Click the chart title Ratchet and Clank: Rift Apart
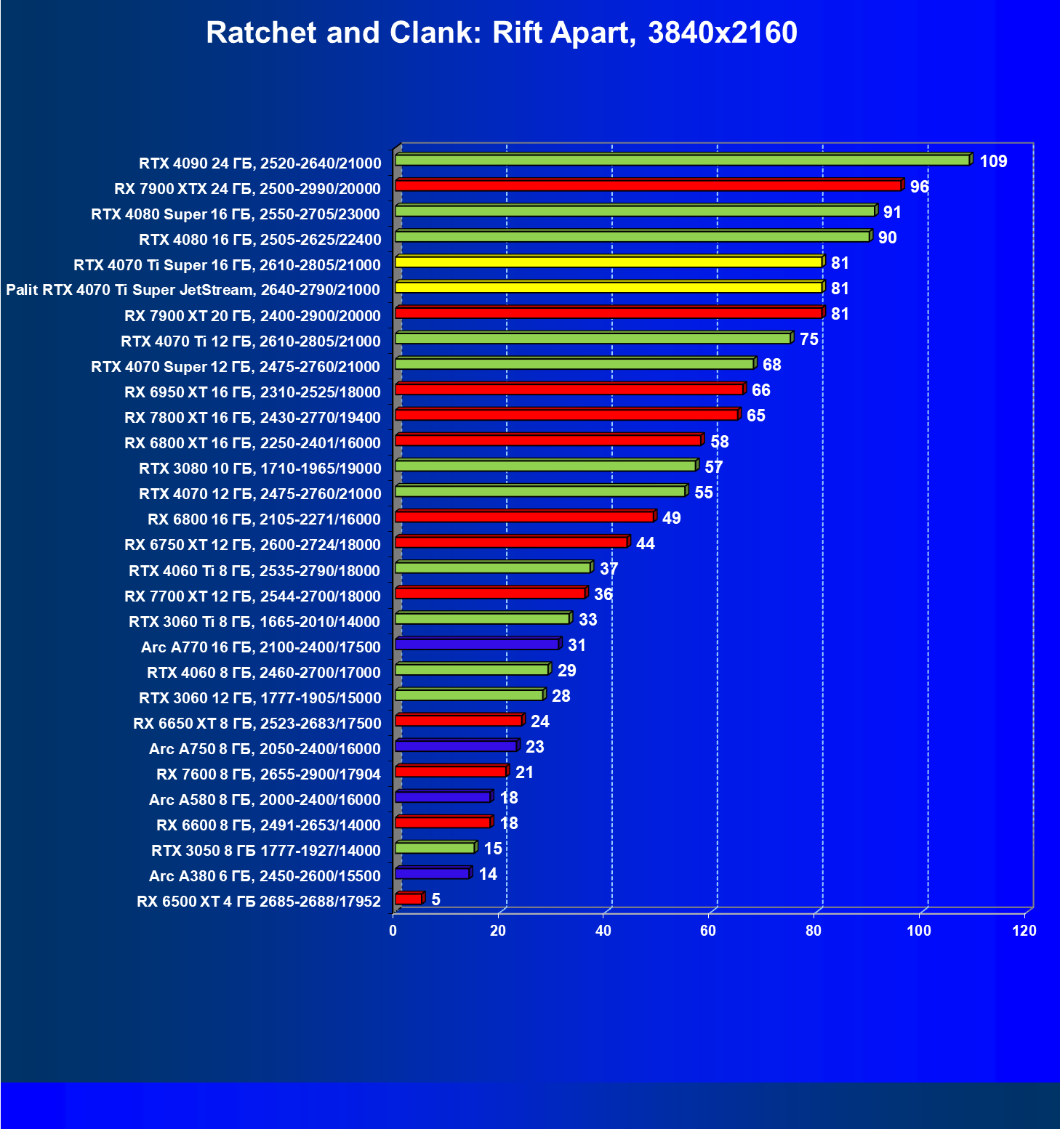502,33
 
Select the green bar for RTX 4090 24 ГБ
682,160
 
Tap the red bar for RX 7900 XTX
648,185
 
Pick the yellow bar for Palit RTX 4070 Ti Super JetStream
609,287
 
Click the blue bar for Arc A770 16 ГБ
477,644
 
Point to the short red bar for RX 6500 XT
409,899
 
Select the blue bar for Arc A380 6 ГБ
433,873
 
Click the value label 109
993,161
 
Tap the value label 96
919,187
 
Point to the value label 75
808,339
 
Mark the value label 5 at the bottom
435,899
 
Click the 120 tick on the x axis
1024,931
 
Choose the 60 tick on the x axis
708,931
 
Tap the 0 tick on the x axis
393,931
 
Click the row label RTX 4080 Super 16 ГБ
236,214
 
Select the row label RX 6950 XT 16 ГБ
252,392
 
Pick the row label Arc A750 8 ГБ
265,749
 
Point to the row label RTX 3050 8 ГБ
265,851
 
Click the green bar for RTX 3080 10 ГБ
545,466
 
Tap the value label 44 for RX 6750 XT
645,543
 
